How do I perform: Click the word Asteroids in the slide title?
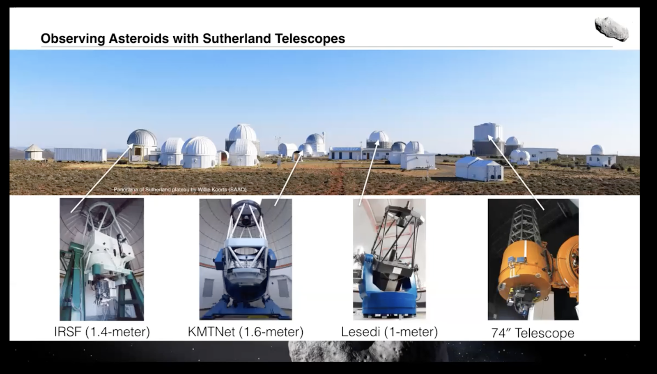139,39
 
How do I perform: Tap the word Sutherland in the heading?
237,39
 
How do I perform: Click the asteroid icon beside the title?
612,29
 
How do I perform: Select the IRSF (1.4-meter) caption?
102,332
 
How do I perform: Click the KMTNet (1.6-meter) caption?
246,332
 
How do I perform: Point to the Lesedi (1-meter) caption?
390,332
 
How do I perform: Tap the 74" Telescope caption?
533,333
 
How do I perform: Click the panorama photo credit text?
180,190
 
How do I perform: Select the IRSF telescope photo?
102,259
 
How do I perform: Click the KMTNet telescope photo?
246,259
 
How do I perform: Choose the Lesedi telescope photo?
389,259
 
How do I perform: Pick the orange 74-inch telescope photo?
533,259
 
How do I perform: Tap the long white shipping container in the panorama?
80,155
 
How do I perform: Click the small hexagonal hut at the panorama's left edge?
33,152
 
